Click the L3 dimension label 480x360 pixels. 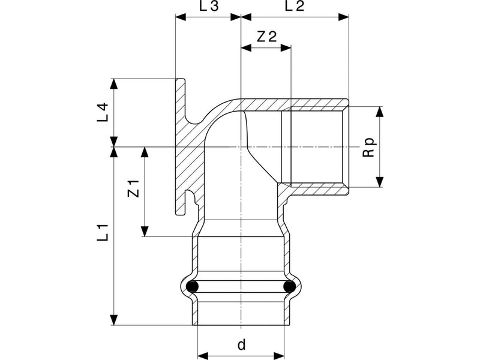tap(209, 6)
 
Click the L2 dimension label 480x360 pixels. tap(295, 6)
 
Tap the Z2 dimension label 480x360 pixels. tap(266, 37)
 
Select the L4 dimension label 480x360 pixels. tap(103, 112)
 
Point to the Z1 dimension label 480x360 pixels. tap(133, 188)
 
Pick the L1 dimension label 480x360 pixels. tap(103, 233)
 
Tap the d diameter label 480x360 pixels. tap(242, 344)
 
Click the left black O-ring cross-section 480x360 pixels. tap(192, 287)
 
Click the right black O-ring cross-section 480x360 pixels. tap(289, 287)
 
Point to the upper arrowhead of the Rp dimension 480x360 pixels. tap(380, 112)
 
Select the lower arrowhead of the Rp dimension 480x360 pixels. tap(380, 182)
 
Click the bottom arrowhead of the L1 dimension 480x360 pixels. tap(114, 320)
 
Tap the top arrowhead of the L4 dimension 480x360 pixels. tap(114, 84)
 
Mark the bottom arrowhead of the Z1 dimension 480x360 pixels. tap(145, 231)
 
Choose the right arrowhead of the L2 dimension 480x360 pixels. tap(343, 17)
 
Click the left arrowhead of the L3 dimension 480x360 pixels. tap(181, 17)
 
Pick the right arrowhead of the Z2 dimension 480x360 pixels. tap(286, 48)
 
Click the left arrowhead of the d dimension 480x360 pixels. tap(203, 356)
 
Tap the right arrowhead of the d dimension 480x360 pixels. tap(279, 356)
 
